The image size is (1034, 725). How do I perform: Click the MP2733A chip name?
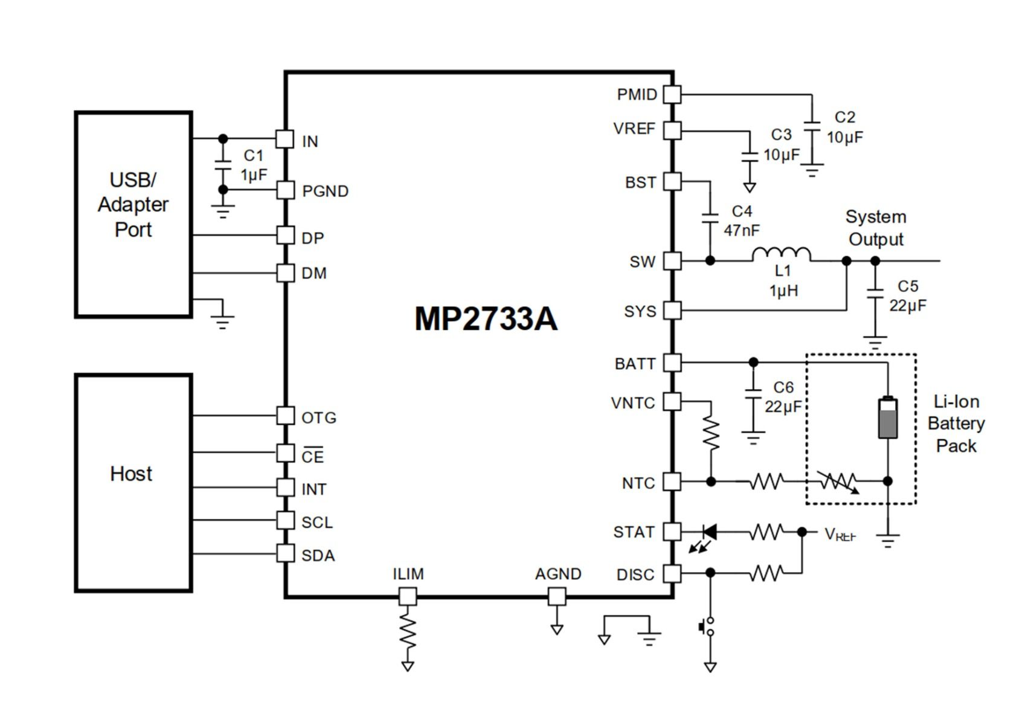click(x=486, y=318)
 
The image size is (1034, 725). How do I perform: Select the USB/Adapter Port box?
click(x=133, y=214)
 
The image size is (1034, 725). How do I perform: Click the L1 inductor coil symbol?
click(x=781, y=254)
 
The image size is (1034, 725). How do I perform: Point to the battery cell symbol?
click(x=887, y=417)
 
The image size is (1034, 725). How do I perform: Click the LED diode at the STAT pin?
click(x=709, y=532)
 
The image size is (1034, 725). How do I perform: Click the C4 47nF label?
click(x=742, y=221)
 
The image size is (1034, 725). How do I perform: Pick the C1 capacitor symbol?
click(x=223, y=165)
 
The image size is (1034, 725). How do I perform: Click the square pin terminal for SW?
click(x=672, y=261)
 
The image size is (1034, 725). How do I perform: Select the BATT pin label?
click(x=635, y=364)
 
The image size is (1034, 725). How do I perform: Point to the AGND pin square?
click(x=557, y=597)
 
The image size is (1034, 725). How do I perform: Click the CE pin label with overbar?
click(x=313, y=456)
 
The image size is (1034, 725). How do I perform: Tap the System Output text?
click(x=876, y=228)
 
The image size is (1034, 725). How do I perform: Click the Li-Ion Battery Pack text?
click(x=955, y=424)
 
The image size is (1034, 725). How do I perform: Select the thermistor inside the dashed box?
click(x=838, y=482)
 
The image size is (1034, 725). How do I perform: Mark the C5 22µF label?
click(x=907, y=295)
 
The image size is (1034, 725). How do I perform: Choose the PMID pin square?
click(x=672, y=94)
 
